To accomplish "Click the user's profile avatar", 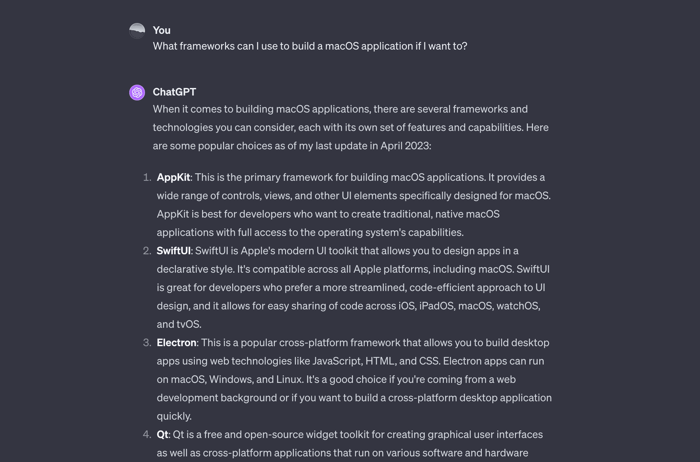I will point(137,31).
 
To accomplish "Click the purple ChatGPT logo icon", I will point(137,93).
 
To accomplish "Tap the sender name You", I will point(162,30).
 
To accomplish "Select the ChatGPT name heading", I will point(174,92).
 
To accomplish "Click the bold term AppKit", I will point(173,177).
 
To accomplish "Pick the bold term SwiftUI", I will point(174,251).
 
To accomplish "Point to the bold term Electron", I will point(176,343).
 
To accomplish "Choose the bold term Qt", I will point(162,435).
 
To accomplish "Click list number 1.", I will point(147,178).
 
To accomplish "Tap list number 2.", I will point(147,251).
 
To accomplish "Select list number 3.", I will point(147,343).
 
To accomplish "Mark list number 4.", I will point(147,435).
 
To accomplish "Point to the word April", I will point(391,146).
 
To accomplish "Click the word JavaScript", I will point(337,361).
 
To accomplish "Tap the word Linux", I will point(289,380).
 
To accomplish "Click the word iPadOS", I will point(437,306).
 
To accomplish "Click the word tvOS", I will point(188,324).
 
